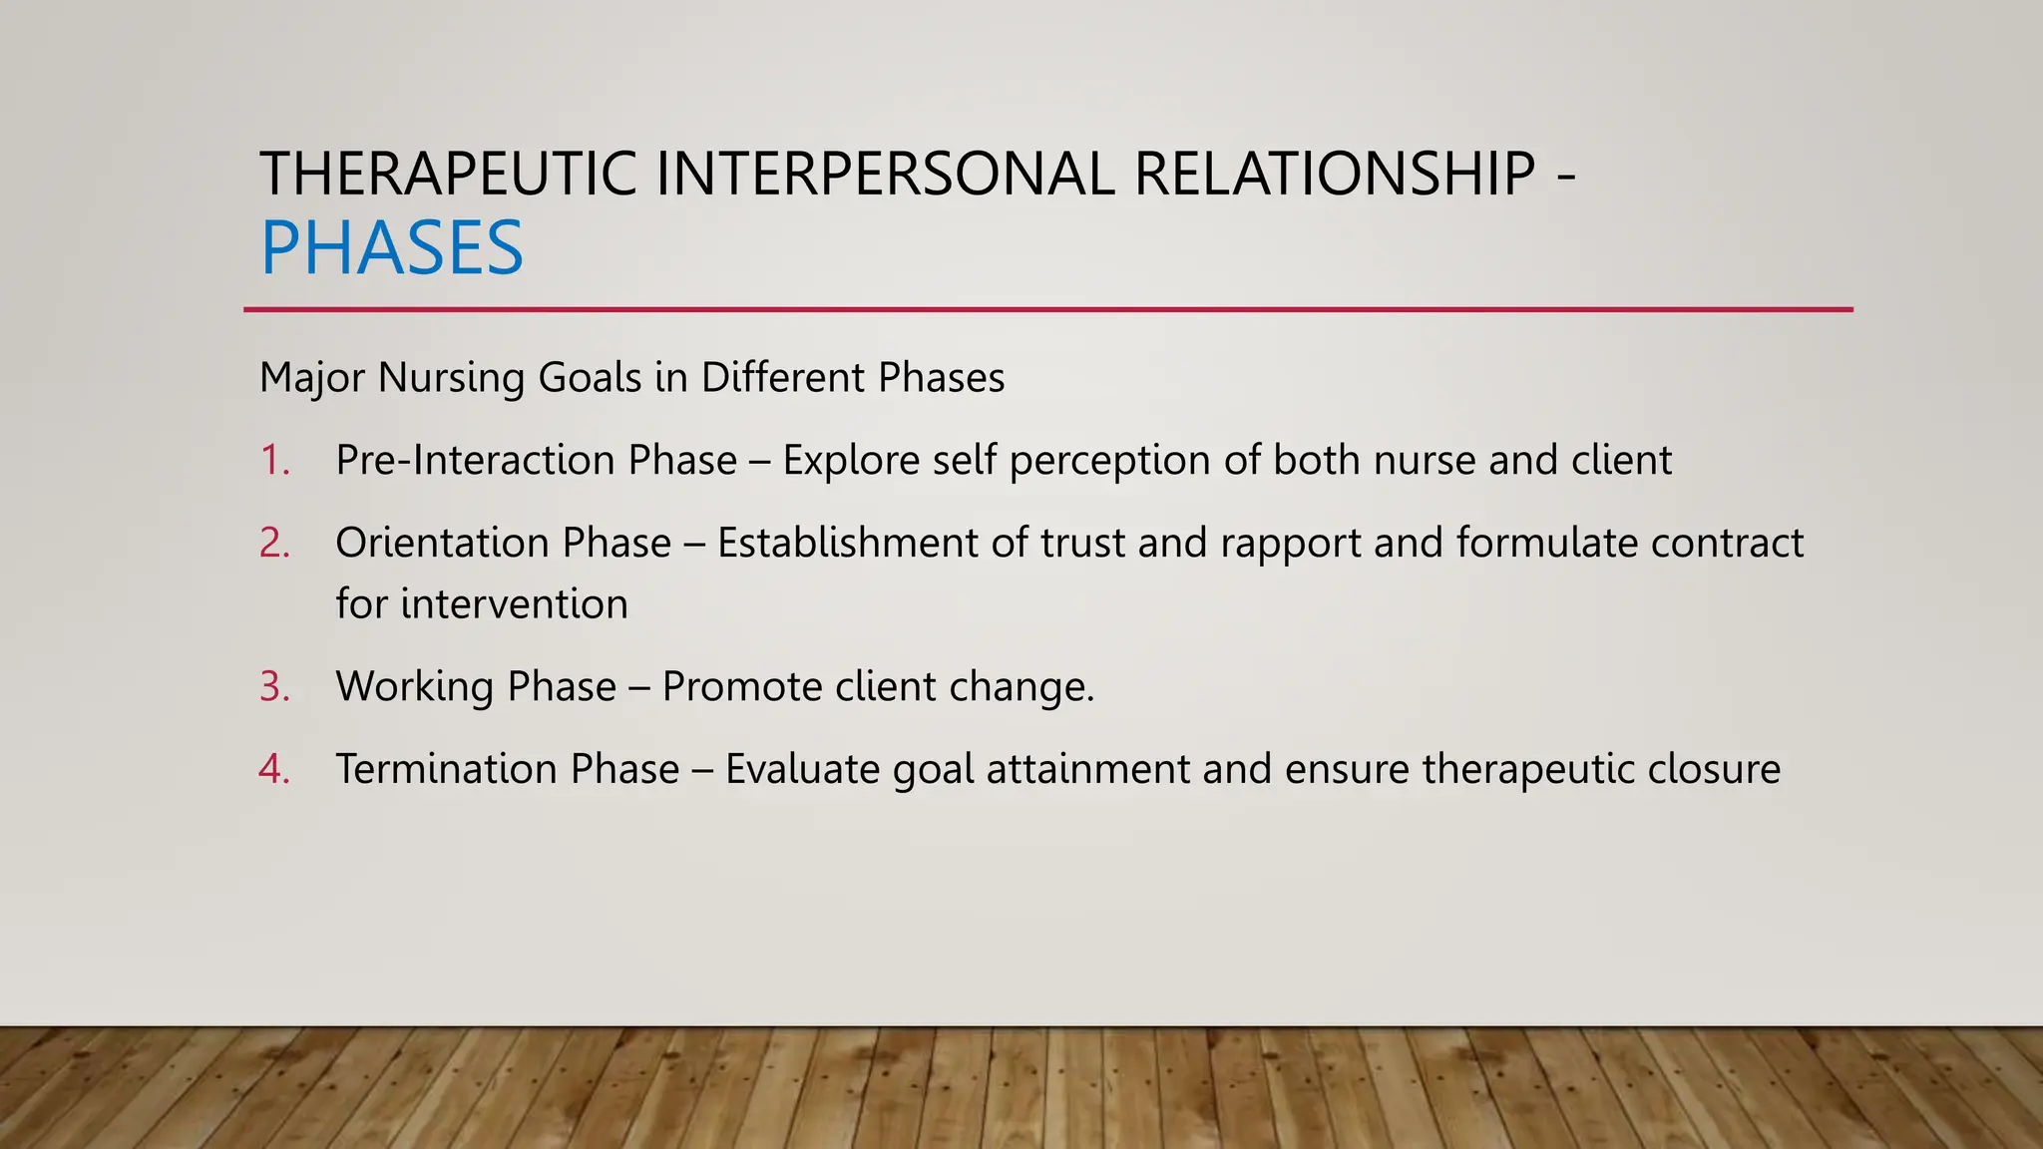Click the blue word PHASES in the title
point(391,248)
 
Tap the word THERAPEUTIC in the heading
point(448,174)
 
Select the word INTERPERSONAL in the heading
point(885,174)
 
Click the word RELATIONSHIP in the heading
point(1335,174)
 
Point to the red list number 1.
point(272,461)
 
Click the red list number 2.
point(273,544)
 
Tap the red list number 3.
point(273,687)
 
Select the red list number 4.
point(273,770)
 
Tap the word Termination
point(445,770)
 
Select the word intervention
point(514,604)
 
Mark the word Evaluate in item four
point(802,770)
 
